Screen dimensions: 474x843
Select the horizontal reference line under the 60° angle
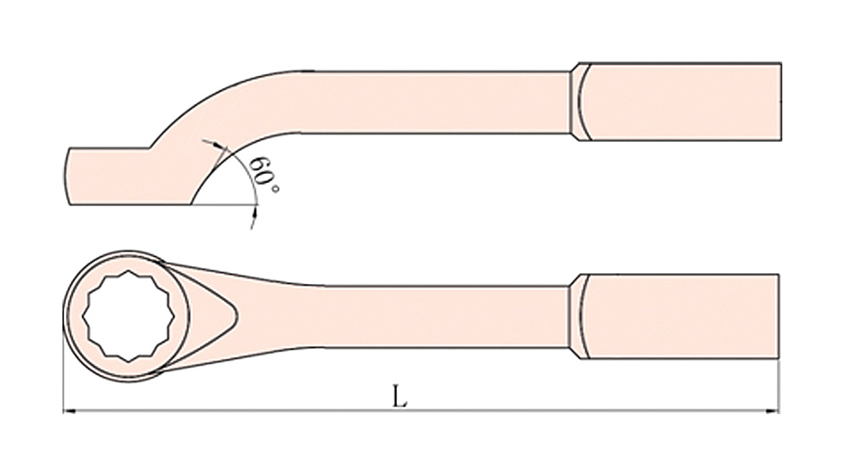223,204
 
